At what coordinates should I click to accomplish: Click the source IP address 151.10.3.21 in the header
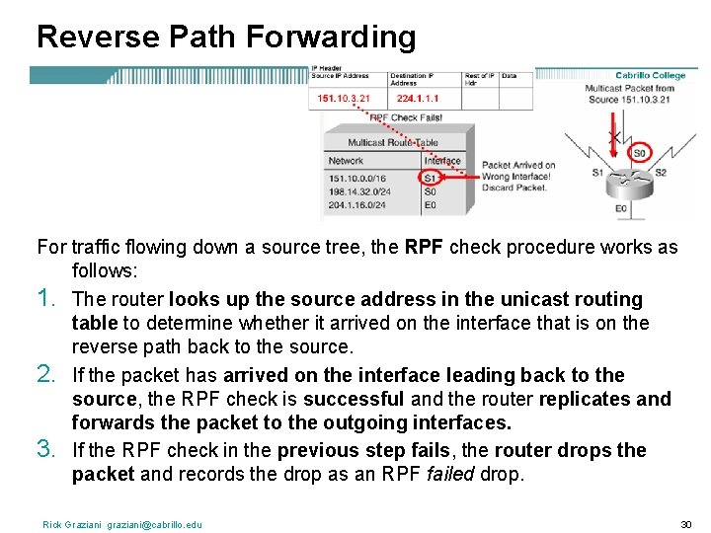[x=344, y=98]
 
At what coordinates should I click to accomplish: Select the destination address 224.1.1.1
[x=420, y=98]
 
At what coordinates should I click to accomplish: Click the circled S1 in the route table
[x=430, y=178]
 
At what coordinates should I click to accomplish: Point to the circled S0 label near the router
[x=639, y=153]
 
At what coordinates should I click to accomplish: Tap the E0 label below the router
[x=620, y=209]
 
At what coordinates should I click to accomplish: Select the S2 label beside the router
[x=661, y=173]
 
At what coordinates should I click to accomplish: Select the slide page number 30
[x=686, y=524]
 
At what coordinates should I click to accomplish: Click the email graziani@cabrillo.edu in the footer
[x=155, y=524]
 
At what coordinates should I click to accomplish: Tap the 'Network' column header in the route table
[x=346, y=161]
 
